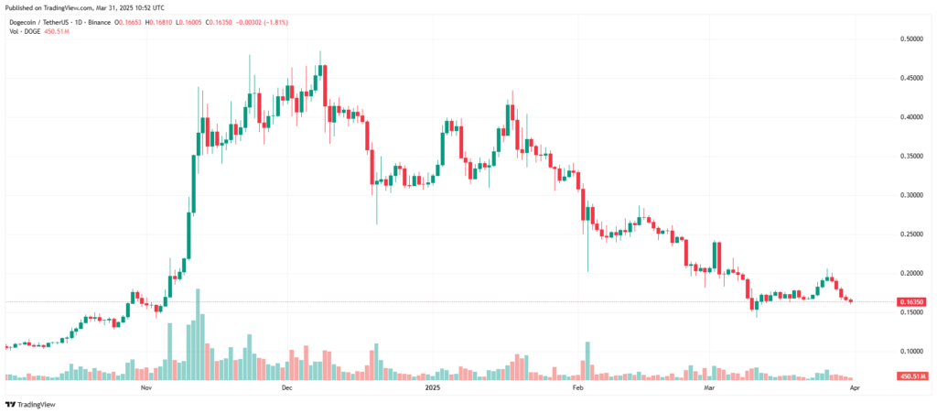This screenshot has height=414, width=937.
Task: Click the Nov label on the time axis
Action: click(x=145, y=388)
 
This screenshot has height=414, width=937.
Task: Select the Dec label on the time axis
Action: click(x=285, y=388)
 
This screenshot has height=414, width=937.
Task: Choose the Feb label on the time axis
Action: click(x=577, y=388)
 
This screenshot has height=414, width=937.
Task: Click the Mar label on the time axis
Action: click(x=708, y=388)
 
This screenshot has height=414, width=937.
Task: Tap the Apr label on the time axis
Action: click(x=853, y=388)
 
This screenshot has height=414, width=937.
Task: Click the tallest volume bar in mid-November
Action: click(x=198, y=334)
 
